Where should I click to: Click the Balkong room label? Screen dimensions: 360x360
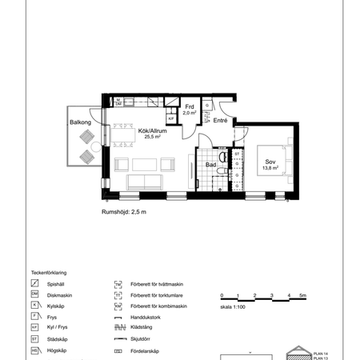click(81, 122)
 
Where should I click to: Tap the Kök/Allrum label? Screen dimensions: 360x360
click(152, 129)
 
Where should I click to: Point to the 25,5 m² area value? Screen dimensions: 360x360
click(152, 137)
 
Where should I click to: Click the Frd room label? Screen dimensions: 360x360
click(190, 106)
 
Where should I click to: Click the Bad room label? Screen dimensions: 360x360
click(210, 165)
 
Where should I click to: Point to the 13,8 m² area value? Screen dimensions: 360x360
click(271, 168)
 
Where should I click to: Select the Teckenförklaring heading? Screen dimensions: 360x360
click(50, 272)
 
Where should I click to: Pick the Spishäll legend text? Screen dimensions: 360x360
click(56, 283)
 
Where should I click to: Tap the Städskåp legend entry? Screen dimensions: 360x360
click(57, 339)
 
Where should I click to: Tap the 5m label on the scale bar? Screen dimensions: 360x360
click(302, 296)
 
